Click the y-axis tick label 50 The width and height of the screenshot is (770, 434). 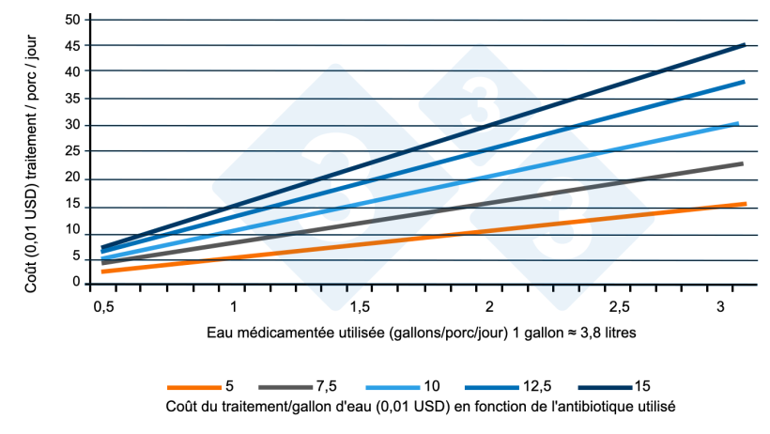72,19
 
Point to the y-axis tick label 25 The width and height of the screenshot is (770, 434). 72,152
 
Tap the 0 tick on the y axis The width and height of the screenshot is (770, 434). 76,283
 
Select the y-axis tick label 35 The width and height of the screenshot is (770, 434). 72,98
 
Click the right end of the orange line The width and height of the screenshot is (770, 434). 745,204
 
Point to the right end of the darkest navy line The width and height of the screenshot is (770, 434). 744,44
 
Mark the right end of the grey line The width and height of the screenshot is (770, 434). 742,163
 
